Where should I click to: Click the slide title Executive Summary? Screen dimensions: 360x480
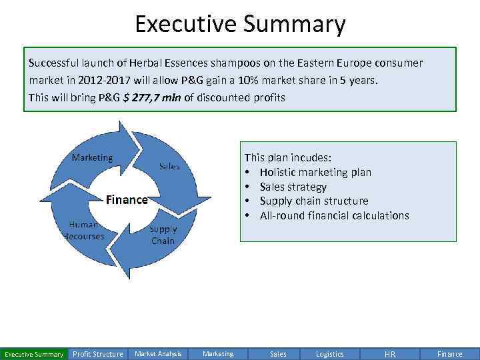(240, 24)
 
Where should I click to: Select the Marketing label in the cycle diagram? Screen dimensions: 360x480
(92, 157)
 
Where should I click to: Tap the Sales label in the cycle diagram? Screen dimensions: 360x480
(169, 167)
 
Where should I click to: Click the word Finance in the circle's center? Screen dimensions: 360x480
(127, 199)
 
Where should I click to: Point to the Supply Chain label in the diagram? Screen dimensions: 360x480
(163, 235)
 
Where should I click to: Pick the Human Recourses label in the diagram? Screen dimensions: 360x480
(84, 230)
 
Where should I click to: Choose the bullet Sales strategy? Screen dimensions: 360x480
(293, 187)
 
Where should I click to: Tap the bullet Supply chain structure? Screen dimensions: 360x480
(313, 201)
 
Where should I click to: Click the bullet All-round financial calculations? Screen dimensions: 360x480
(334, 215)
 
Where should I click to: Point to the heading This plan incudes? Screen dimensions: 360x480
(287, 157)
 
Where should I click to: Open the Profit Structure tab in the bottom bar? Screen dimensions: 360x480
(97, 354)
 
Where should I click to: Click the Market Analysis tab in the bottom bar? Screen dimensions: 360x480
(158, 354)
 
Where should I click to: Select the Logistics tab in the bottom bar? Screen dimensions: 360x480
(330, 354)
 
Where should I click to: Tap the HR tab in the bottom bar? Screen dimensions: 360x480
(390, 354)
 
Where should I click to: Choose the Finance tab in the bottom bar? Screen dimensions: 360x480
(449, 354)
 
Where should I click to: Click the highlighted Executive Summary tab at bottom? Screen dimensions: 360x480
(34, 354)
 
